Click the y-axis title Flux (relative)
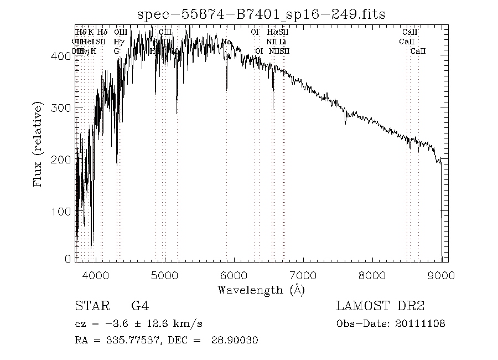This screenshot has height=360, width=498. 38,144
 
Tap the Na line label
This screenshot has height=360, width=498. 226,42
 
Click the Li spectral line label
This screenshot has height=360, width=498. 282,42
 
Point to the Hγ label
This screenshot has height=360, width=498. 118,42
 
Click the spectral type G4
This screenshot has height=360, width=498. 139,306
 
